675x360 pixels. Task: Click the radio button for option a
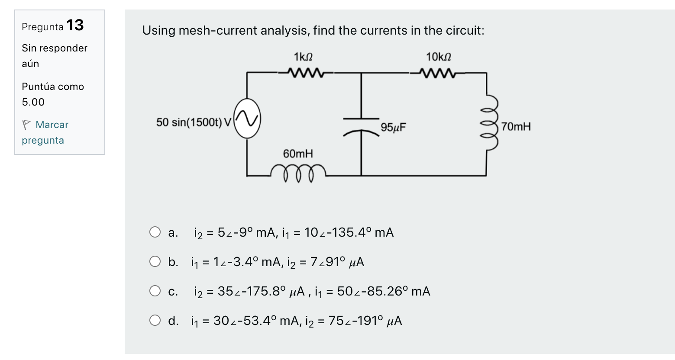coord(155,232)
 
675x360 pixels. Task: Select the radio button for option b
coord(155,262)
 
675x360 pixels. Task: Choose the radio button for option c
coord(155,291)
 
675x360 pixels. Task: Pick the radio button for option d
coord(155,321)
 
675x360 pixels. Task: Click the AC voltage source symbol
coord(247,119)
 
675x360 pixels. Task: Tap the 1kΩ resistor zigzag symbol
coord(305,73)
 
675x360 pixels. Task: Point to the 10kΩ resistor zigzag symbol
coord(437,73)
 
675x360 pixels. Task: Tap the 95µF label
coord(393,127)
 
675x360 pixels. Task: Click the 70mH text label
coord(516,127)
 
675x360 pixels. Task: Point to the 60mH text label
coord(297,154)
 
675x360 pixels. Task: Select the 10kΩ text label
coord(438,57)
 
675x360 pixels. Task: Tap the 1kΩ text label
coord(303,57)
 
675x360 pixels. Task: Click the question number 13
coord(75,25)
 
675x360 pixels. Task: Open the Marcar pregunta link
coord(52,125)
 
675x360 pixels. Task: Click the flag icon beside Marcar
coord(26,125)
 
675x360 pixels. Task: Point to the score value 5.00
coord(33,102)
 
